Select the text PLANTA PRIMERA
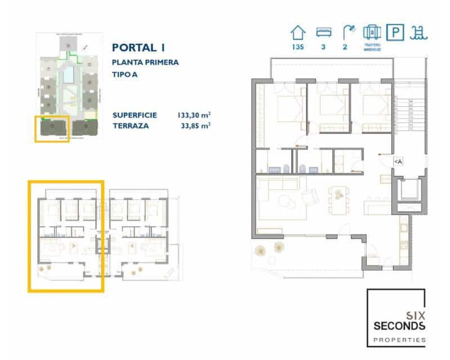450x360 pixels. click(x=145, y=62)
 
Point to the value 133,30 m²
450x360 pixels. click(x=193, y=115)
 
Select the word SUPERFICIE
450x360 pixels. click(x=134, y=115)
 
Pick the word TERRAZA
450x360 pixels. click(x=130, y=125)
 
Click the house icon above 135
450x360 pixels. click(x=298, y=32)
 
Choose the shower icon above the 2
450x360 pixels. click(x=349, y=31)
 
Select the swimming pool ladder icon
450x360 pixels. click(x=419, y=32)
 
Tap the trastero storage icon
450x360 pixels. click(x=372, y=31)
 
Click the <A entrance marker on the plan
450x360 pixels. click(x=398, y=161)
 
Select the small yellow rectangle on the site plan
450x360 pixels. click(x=52, y=129)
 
